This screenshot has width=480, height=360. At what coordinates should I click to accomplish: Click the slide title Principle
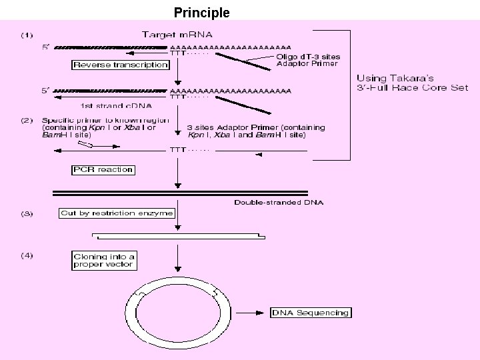pos(201,12)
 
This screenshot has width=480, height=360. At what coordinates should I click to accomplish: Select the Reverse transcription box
pos(120,65)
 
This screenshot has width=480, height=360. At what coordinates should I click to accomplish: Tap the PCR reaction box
pos(103,169)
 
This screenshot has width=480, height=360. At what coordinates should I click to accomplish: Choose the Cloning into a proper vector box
pos(104,260)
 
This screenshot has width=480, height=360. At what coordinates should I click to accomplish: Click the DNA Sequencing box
pos(310,313)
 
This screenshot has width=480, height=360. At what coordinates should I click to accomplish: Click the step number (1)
pos(27,35)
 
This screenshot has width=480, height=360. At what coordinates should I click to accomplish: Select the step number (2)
pos(27,121)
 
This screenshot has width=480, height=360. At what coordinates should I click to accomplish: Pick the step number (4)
pos(27,255)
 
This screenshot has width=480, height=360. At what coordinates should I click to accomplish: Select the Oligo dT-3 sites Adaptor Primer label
pos(307,60)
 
